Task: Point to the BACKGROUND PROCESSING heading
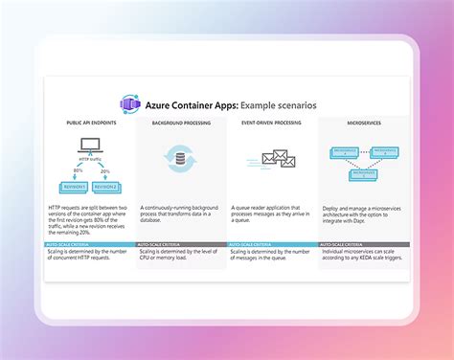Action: click(180, 124)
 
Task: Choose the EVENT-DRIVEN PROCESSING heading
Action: click(271, 124)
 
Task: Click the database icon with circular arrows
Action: click(181, 158)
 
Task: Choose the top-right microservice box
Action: click(386, 150)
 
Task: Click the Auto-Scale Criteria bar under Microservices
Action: click(363, 244)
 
